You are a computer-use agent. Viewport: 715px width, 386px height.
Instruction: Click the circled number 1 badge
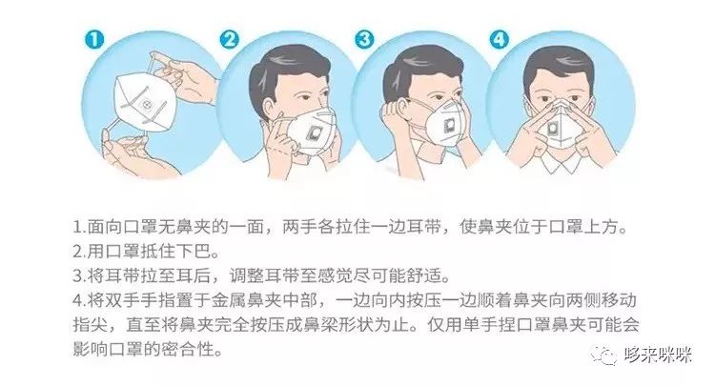coord(94,39)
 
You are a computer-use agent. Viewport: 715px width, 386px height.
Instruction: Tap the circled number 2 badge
coord(229,39)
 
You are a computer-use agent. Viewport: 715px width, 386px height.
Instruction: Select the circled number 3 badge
coord(364,39)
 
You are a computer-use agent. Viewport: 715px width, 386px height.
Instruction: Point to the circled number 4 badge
coord(499,39)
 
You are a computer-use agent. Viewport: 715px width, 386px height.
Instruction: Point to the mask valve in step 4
coord(554,129)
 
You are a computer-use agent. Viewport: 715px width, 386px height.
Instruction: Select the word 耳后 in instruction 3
coord(194,275)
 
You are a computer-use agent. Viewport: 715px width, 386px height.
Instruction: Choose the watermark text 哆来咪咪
coord(658,355)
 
